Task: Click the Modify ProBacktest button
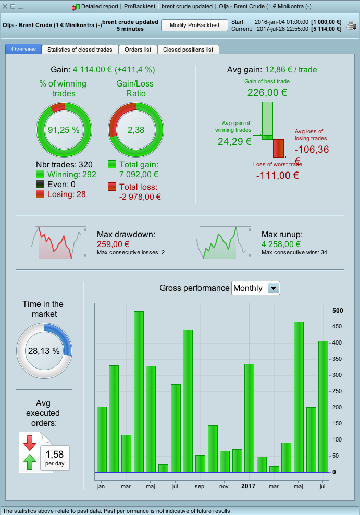(194, 25)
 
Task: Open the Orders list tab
(138, 50)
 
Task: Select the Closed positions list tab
(188, 50)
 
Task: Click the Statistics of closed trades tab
(80, 50)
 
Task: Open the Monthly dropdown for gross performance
(273, 288)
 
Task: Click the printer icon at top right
(352, 26)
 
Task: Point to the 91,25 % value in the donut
(64, 130)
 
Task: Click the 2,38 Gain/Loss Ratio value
(136, 130)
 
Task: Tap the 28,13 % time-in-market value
(44, 351)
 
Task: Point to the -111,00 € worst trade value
(277, 175)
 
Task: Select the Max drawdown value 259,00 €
(113, 244)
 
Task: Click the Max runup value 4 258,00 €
(282, 244)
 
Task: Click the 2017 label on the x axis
(249, 486)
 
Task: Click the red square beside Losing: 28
(40, 194)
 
